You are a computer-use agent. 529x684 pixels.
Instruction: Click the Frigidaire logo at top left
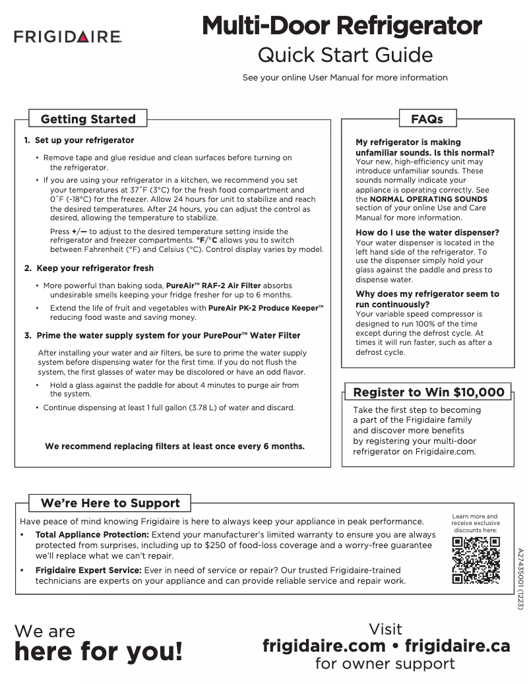coord(67,37)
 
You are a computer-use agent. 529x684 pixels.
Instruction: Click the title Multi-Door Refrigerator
coord(342,26)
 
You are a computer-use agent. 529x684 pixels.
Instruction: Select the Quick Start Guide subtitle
coord(345,54)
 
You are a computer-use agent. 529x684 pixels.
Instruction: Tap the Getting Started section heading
coord(88,119)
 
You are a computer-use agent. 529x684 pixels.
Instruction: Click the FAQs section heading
coord(427,119)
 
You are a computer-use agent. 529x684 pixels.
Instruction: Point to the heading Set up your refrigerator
coord(84,140)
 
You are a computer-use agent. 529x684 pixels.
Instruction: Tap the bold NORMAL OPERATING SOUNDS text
coord(428,199)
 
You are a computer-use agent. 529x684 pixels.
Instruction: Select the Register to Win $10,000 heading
coord(429,392)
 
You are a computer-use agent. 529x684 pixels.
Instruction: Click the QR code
coord(475,560)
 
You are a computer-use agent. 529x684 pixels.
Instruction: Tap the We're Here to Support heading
coord(110,503)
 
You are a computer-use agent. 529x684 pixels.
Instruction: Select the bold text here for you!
coord(98,652)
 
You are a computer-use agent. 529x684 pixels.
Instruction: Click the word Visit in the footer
coord(385,629)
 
